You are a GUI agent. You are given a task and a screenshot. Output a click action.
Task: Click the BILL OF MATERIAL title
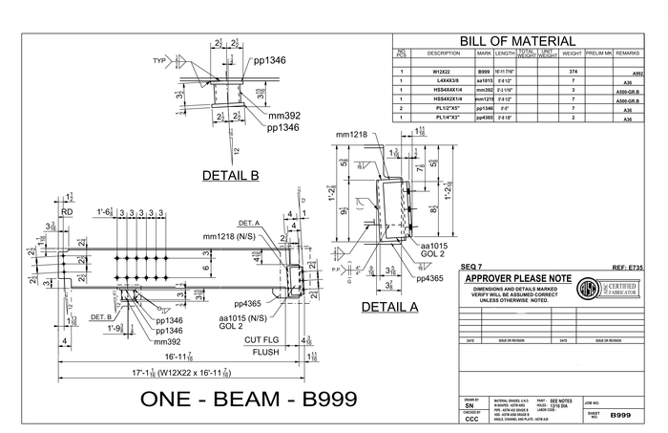tap(518, 41)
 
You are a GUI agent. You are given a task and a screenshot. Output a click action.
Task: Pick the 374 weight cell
tap(573, 72)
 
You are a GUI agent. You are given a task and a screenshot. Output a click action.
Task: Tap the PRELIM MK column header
tap(603, 54)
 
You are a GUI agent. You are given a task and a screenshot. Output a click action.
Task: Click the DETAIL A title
tap(389, 307)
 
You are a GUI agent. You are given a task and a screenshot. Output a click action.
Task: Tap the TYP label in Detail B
tap(159, 60)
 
